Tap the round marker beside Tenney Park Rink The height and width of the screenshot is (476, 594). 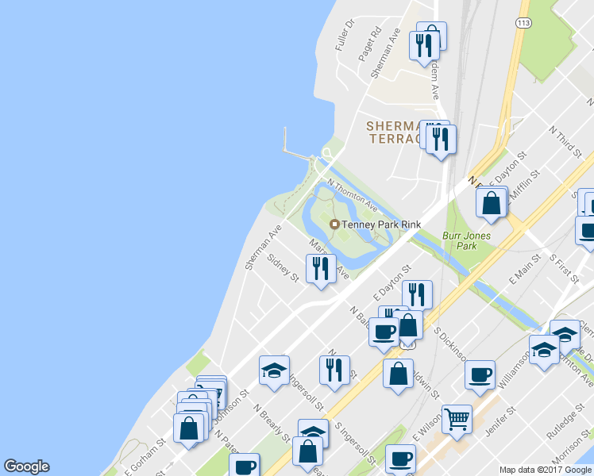click(334, 225)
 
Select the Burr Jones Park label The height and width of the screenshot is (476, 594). click(467, 240)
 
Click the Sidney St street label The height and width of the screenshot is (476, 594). click(283, 269)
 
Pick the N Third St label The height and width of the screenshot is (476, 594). click(566, 139)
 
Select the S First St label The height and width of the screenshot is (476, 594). click(565, 268)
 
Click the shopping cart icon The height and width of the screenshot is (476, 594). click(457, 418)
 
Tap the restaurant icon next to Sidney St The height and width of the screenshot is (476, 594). click(320, 268)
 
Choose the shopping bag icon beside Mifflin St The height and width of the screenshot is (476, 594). click(492, 202)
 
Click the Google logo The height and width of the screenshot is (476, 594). click(26, 466)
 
